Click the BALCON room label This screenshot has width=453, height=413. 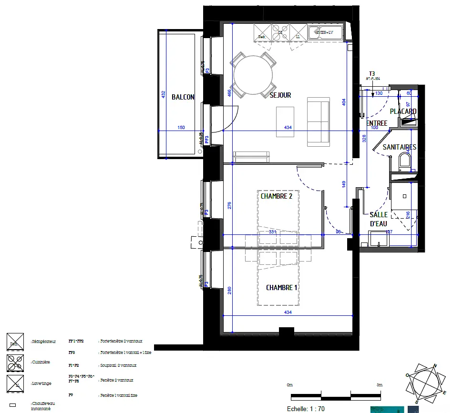183,97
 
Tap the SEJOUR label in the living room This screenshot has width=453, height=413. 280,95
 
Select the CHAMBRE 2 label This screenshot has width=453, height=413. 277,196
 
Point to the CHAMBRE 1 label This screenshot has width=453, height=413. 282,288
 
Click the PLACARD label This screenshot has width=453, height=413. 403,111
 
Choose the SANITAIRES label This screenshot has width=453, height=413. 399,147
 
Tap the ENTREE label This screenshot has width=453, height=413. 377,123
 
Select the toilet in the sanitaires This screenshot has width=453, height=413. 405,161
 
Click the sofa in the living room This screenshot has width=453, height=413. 319,121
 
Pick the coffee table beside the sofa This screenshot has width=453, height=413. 285,121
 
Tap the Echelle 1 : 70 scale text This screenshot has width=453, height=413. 306,409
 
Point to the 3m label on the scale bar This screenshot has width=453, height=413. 380,385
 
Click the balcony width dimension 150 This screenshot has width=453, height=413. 181,128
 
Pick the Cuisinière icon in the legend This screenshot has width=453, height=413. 14,362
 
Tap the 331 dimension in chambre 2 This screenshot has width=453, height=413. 272,232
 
